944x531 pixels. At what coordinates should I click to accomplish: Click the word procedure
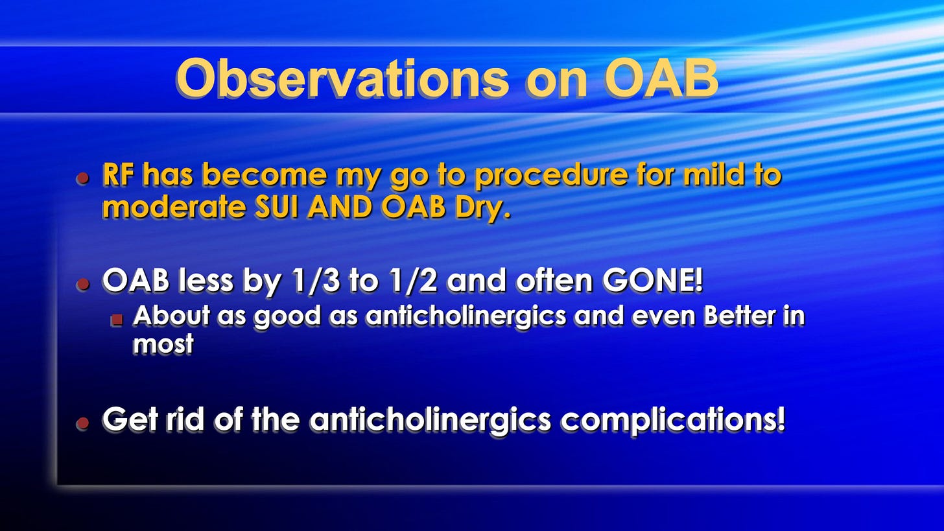[x=551, y=176]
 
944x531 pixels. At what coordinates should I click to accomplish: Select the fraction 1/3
[x=316, y=281]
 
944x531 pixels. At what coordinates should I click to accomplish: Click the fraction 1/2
[x=415, y=281]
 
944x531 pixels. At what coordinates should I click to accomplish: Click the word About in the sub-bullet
[x=172, y=315]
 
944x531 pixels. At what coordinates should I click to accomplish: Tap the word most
[x=163, y=344]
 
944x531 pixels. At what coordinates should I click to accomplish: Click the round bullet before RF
[x=83, y=178]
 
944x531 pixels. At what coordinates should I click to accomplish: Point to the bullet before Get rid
[x=83, y=422]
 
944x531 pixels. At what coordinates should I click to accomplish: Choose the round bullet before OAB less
[x=83, y=284]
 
